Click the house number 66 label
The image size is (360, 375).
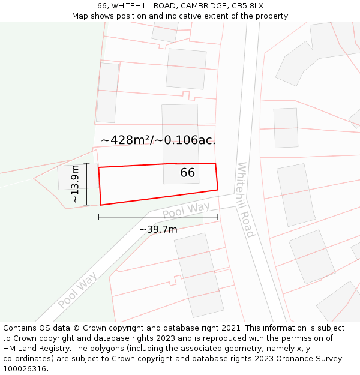(188, 173)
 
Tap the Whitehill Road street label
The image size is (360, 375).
(246, 199)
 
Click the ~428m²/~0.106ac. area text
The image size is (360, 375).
(158, 140)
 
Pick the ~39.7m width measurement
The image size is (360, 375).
(158, 229)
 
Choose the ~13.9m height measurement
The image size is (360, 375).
(75, 184)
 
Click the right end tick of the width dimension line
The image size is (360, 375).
(218, 217)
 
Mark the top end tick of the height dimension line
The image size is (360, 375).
(86, 163)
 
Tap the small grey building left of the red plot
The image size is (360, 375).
(70, 177)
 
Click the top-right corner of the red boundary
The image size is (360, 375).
(215, 163)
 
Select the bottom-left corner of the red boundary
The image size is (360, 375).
(101, 205)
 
